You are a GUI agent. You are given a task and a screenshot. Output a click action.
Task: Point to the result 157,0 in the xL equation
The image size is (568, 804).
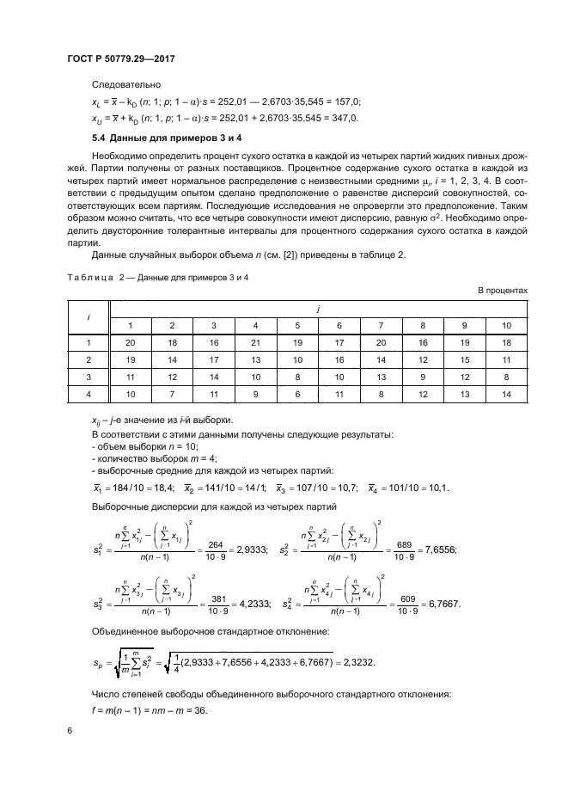[347, 101]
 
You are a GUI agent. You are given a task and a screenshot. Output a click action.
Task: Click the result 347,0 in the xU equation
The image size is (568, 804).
[346, 118]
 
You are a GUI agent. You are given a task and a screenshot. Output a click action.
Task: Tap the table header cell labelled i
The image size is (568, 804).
[90, 316]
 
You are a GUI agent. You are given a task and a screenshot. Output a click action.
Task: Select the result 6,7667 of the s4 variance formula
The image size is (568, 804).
[442, 604]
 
